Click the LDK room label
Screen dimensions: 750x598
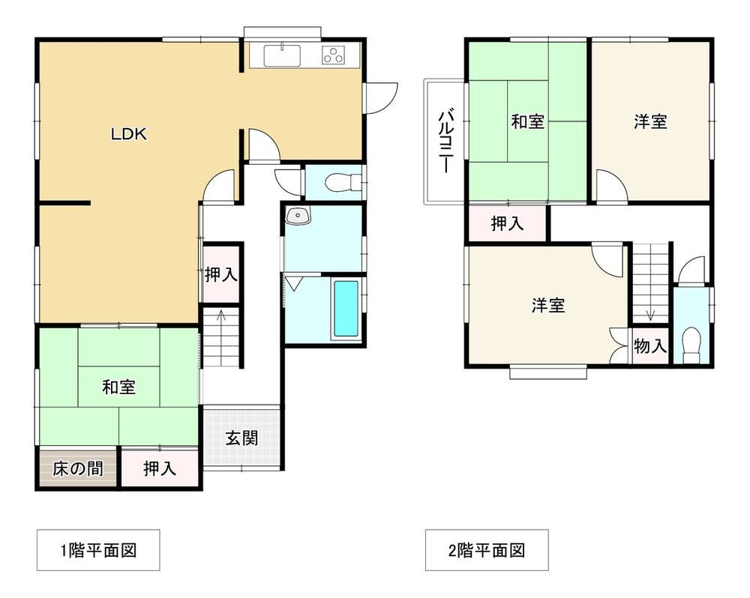129,134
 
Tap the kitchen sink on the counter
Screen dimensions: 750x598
282,56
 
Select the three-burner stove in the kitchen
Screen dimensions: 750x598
334,55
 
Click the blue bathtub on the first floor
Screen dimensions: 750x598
346,309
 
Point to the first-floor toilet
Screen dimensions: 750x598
343,182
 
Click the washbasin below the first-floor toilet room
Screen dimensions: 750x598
298,216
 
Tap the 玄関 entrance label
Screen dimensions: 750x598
242,438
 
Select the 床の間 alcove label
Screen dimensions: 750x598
77,468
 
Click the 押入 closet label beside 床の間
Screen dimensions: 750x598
160,468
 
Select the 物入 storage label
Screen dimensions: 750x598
650,345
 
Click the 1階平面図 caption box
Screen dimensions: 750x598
98,550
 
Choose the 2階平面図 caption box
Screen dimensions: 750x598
487,550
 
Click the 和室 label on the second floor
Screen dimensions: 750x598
527,121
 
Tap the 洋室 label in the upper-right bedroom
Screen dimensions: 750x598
650,121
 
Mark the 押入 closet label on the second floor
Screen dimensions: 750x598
508,223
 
